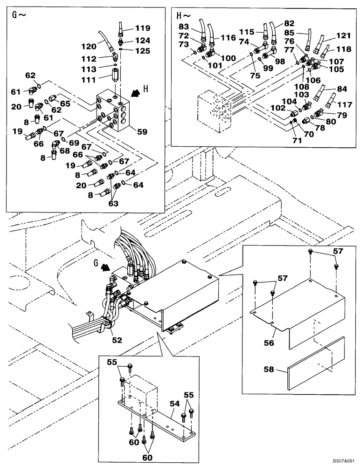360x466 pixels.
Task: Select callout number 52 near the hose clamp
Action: [x=117, y=340]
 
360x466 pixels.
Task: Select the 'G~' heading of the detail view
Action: [x=19, y=14]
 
